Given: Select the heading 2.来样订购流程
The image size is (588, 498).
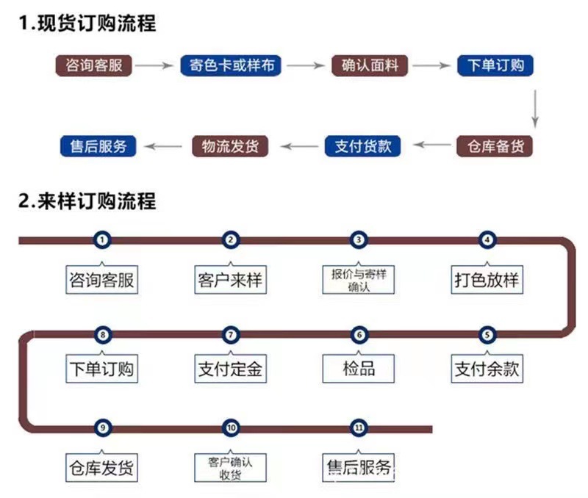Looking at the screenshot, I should click(87, 201).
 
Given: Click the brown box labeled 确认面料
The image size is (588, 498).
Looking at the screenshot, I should click(370, 65).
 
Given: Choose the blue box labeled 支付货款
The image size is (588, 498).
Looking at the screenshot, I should click(363, 146).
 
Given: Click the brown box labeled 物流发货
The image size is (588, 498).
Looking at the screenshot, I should click(229, 146).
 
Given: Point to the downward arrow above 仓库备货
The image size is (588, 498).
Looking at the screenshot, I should click(536, 107).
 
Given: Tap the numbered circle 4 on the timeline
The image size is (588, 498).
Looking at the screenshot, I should click(486, 239).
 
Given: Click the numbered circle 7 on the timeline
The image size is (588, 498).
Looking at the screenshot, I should click(231, 336).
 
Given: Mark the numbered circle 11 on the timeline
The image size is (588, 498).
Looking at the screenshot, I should click(359, 427).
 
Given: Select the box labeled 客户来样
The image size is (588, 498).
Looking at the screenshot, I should click(230, 280).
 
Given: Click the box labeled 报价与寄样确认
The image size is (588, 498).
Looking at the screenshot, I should click(358, 280).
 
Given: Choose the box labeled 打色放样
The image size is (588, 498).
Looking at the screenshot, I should click(486, 280).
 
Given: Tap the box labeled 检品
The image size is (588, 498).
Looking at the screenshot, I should click(359, 369).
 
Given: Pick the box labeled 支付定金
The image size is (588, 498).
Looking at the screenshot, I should click(230, 369).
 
